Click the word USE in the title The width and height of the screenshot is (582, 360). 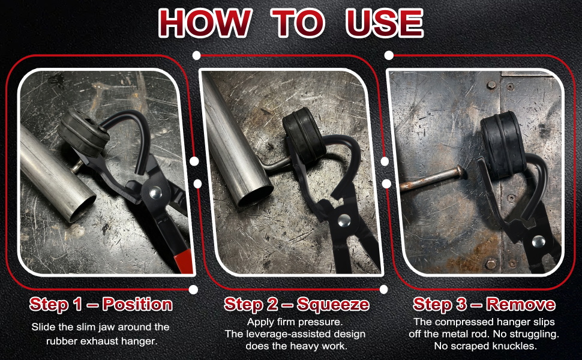(385, 23)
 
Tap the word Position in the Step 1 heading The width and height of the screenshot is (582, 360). (138, 304)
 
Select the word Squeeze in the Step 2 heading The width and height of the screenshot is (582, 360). (333, 304)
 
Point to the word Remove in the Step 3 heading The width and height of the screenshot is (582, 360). (521, 304)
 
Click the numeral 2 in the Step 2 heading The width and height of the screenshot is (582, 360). (272, 304)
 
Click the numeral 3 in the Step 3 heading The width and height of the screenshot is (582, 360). (461, 304)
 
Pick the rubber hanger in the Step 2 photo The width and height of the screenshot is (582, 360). (304, 136)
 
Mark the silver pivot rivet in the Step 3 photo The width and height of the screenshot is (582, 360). (539, 242)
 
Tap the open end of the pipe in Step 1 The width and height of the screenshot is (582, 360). (82, 208)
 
